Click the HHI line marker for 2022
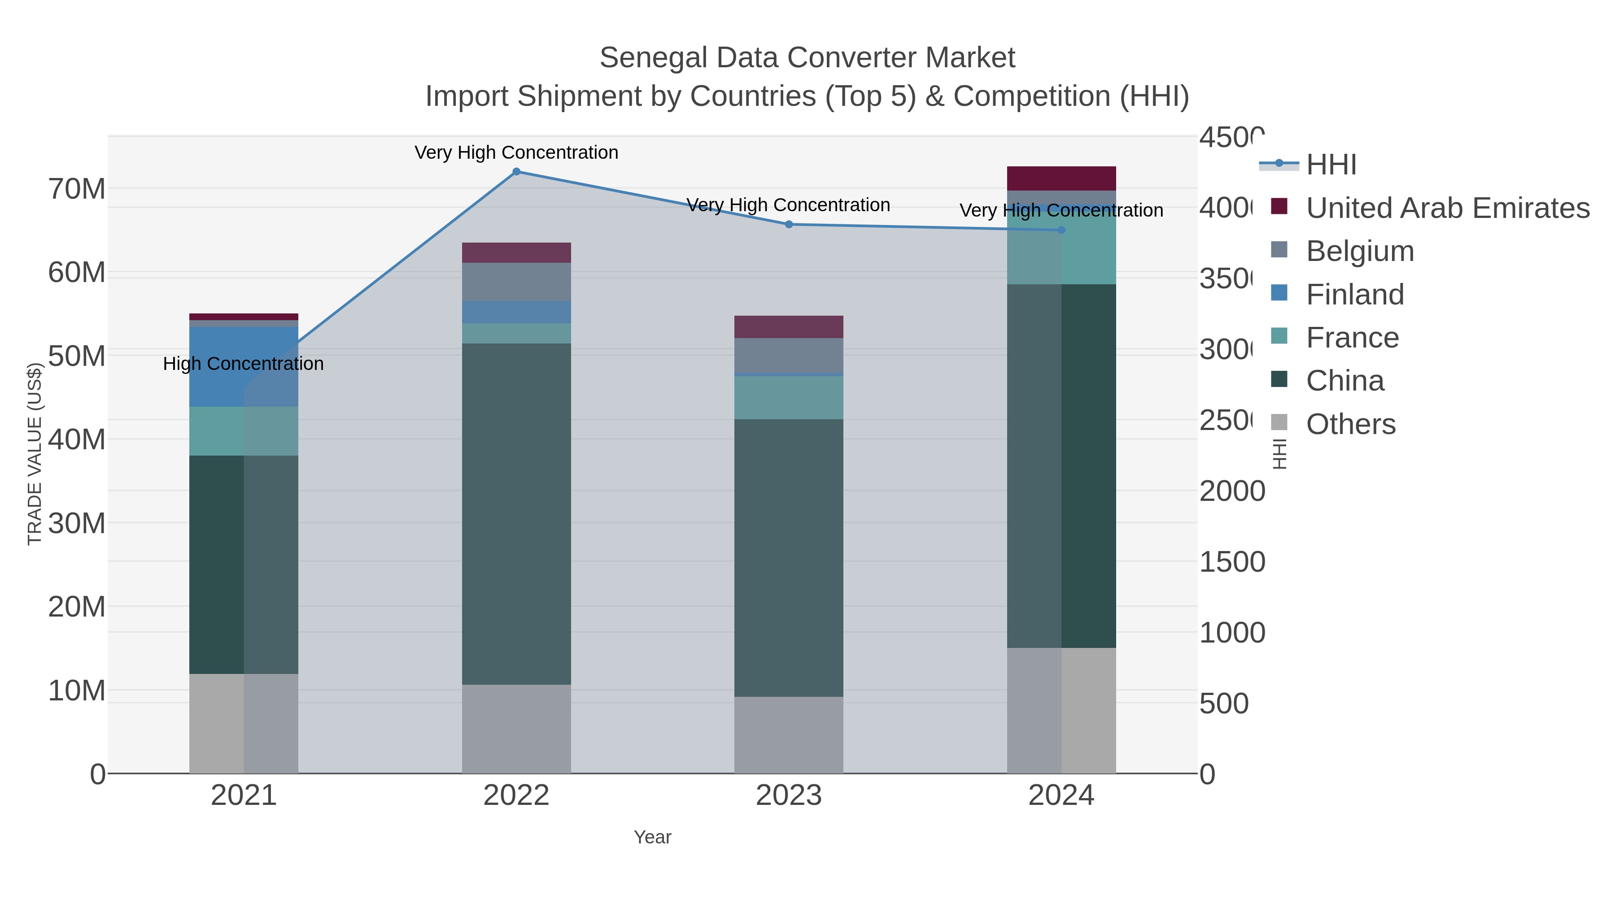pyautogui.click(x=516, y=172)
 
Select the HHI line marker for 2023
pyautogui.click(x=789, y=224)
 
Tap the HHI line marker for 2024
pyautogui.click(x=1061, y=230)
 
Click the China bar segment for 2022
pyautogui.click(x=516, y=514)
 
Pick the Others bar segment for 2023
pyautogui.click(x=789, y=735)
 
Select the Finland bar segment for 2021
pyautogui.click(x=243, y=367)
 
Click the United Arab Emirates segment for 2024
pyautogui.click(x=1061, y=178)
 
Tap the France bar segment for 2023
pyautogui.click(x=789, y=397)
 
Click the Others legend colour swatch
pyautogui.click(x=1279, y=423)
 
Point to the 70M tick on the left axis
pyautogui.click(x=76, y=189)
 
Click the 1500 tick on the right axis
pyautogui.click(x=1232, y=562)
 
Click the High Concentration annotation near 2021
pyautogui.click(x=243, y=364)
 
